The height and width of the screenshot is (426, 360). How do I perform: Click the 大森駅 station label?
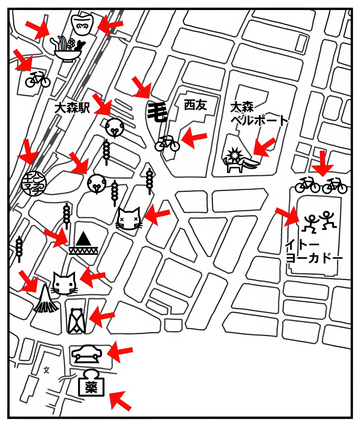coord(72,108)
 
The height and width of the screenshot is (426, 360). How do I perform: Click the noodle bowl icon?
coord(68,48)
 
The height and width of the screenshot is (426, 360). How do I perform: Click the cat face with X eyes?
coord(129,219)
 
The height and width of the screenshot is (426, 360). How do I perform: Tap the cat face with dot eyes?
coord(64,283)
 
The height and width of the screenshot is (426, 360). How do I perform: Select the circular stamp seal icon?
coord(34,184)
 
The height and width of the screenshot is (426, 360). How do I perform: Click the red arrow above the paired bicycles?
coord(322,163)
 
